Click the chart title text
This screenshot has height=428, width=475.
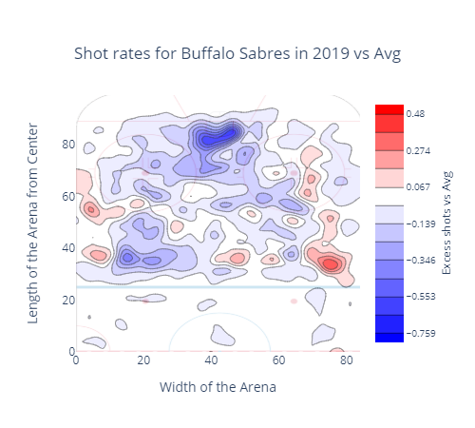237,53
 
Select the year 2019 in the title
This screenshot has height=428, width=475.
331,53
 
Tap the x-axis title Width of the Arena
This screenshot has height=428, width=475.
218,387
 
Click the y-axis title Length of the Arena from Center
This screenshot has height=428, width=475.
33,224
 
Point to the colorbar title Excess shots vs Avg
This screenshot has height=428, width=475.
446,223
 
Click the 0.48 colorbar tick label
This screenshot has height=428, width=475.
415,114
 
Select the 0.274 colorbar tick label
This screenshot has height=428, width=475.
418,150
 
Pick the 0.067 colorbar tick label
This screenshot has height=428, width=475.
418,187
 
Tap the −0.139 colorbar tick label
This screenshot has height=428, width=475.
421,224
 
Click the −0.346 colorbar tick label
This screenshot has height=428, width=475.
421,261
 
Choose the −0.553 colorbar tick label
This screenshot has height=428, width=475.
421,297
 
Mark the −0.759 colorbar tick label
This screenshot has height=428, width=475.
421,334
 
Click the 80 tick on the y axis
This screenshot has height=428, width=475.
68,145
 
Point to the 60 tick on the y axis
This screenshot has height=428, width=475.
68,197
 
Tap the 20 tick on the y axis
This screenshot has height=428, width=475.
68,300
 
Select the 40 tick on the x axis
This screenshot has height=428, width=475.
211,360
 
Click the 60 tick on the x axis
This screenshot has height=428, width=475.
278,360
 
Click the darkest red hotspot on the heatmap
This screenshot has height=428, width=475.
331,263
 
